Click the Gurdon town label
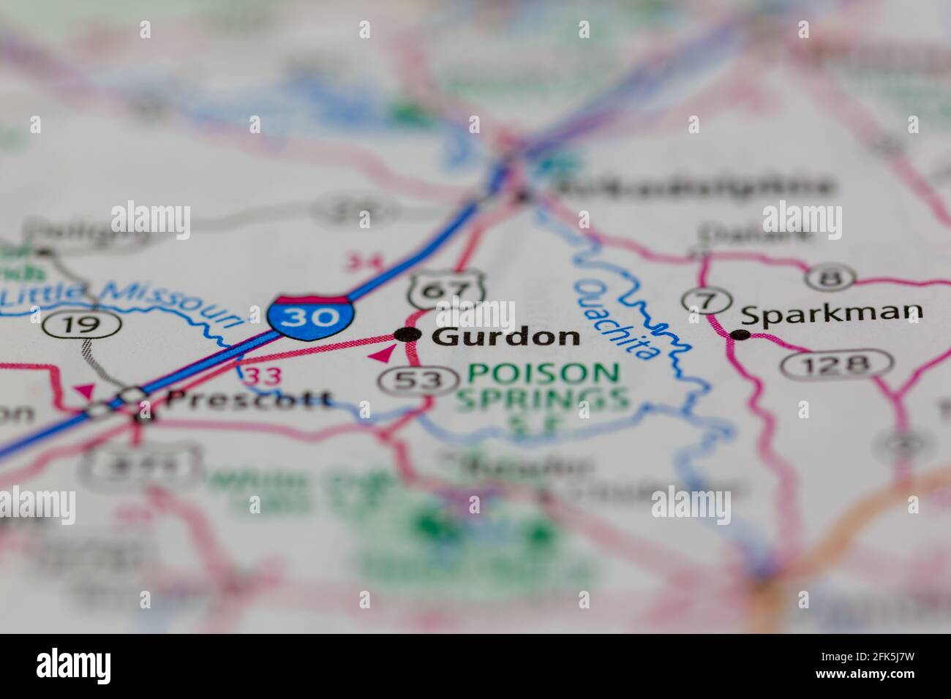click(505, 336)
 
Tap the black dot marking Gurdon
click(407, 335)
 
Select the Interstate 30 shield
click(312, 315)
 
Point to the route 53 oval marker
click(411, 379)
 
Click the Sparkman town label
click(831, 314)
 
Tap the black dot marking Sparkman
click(741, 335)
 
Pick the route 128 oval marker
click(835, 363)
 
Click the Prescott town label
click(249, 399)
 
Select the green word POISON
click(543, 374)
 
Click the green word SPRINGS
click(542, 399)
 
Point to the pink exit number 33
click(260, 377)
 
